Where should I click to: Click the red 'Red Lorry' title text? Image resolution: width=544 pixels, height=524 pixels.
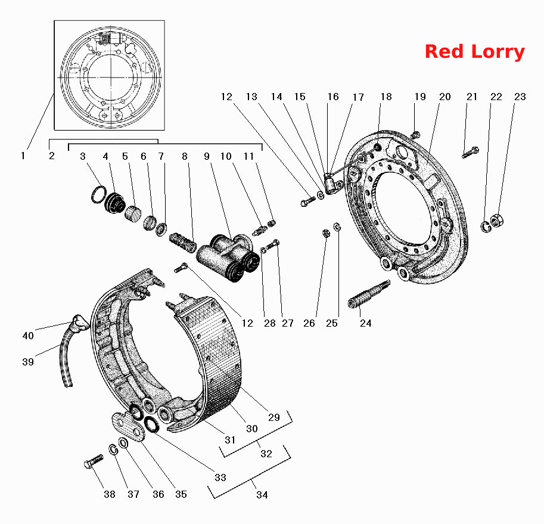pos(475,52)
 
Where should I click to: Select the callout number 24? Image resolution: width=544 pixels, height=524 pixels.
pos(365,324)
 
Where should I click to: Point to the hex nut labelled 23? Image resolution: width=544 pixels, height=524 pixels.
pos(497,221)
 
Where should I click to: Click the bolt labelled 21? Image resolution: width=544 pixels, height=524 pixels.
pos(471,153)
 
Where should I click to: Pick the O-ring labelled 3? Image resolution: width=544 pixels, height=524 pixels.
pos(99,194)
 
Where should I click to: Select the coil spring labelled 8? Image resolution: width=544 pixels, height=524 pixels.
pos(182,242)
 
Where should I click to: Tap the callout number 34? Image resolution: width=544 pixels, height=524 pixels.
pos(262,495)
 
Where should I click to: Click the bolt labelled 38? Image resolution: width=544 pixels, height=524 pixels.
pos(94,461)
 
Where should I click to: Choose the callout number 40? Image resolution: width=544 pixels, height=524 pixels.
pos(28,336)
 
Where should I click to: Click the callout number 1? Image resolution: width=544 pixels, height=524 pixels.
pos(23,156)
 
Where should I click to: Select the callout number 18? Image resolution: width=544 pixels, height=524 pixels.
pos(386,97)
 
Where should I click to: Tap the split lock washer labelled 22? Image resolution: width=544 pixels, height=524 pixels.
pos(486,227)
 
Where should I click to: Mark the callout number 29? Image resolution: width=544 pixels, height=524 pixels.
pos(273,417)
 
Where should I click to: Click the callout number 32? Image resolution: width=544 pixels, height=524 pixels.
pos(266,454)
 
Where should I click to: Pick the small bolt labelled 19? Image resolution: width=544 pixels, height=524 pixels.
pos(415,134)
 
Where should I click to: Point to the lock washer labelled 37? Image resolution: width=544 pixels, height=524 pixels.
pos(113,449)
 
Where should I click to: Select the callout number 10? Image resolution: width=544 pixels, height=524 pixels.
pos(226,156)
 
